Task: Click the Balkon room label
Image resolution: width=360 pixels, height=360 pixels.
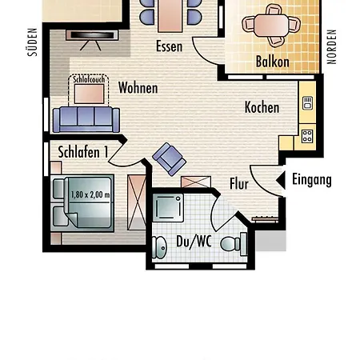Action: tap(272, 62)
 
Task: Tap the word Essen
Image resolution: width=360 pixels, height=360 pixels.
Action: tap(170, 46)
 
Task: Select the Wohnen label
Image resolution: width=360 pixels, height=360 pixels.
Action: tap(138, 87)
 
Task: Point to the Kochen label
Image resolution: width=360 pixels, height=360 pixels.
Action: tap(262, 107)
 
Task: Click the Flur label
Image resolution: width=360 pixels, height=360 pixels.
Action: tap(239, 184)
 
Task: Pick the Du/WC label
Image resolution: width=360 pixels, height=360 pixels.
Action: tap(194, 242)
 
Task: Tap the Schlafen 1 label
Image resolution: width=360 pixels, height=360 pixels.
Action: tap(83, 152)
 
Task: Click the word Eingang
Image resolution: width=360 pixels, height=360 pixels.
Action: tap(312, 180)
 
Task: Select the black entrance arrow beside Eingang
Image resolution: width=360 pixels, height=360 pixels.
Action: tap(282, 180)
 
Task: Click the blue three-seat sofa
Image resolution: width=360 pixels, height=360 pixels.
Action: tap(86, 119)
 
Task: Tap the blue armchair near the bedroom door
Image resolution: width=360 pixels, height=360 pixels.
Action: tap(169, 159)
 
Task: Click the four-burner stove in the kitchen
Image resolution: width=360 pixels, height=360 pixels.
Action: tap(307, 136)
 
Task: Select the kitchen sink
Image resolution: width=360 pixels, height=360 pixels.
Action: tap(307, 103)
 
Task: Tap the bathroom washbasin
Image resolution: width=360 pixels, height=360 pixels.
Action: tap(159, 247)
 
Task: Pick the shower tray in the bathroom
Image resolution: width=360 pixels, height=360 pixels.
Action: tap(168, 207)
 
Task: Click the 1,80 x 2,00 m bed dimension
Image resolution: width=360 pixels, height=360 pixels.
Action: tap(90, 194)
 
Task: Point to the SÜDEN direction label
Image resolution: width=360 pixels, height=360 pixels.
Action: tap(33, 42)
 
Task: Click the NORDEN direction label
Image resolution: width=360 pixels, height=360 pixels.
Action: tap(331, 46)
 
